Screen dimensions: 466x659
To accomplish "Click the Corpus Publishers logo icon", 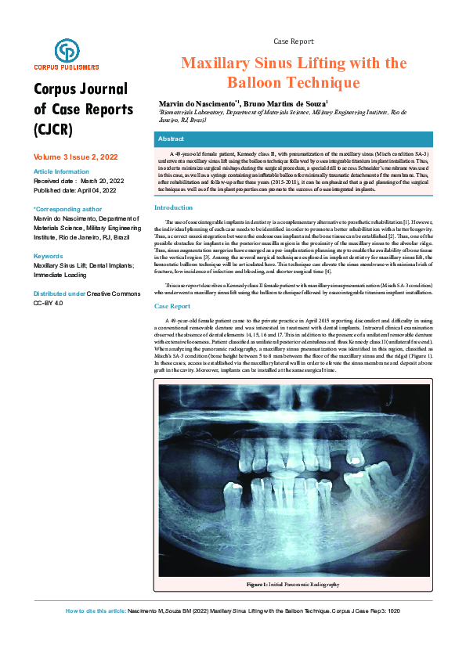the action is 67,51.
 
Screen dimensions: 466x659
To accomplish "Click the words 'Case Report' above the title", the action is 294,41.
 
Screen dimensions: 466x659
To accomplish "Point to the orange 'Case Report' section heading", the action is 172,306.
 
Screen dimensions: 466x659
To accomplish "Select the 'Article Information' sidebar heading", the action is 61,171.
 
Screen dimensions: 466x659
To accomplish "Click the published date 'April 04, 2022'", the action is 95,190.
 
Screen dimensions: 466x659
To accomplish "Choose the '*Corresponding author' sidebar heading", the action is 67,210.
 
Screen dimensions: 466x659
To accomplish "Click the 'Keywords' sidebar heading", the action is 49,257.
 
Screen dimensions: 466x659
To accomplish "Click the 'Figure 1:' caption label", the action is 257,585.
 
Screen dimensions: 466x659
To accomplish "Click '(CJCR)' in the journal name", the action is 52,129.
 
